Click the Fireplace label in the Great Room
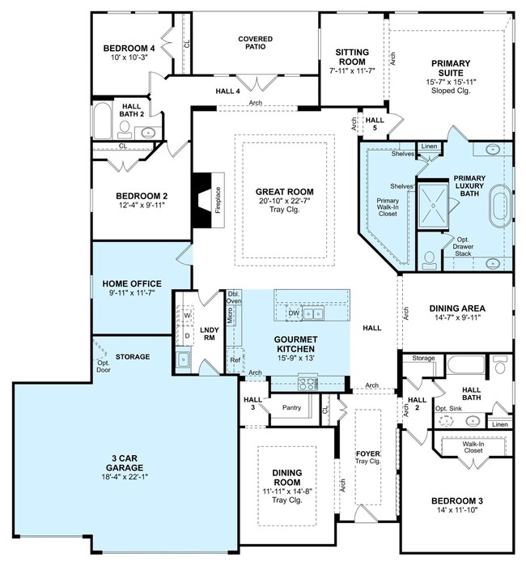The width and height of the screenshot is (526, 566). click(x=218, y=200)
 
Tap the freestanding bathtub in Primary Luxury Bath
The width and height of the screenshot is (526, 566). click(x=501, y=206)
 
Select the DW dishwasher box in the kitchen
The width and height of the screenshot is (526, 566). click(x=294, y=313)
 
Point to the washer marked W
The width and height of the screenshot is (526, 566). click(x=187, y=316)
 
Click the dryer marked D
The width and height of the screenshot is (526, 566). click(x=187, y=336)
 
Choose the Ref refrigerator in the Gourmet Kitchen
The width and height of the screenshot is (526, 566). click(x=235, y=360)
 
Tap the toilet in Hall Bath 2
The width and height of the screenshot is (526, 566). click(x=125, y=130)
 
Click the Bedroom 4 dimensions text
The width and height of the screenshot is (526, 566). click(x=129, y=57)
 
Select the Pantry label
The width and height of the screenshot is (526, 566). click(x=291, y=407)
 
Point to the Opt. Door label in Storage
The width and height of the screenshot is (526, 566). click(x=104, y=366)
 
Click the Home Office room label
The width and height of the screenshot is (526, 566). click(x=132, y=283)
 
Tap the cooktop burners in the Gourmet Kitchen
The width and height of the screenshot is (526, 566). click(x=308, y=383)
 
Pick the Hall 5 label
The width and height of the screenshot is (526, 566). click(x=375, y=124)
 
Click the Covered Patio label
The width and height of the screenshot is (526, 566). click(x=256, y=43)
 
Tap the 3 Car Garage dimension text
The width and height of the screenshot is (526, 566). click(x=125, y=477)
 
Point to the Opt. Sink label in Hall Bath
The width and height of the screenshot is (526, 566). click(x=448, y=409)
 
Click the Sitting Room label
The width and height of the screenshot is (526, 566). click(x=352, y=57)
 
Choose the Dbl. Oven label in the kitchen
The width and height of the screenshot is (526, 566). click(x=234, y=297)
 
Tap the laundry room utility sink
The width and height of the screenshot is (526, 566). click(x=183, y=360)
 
